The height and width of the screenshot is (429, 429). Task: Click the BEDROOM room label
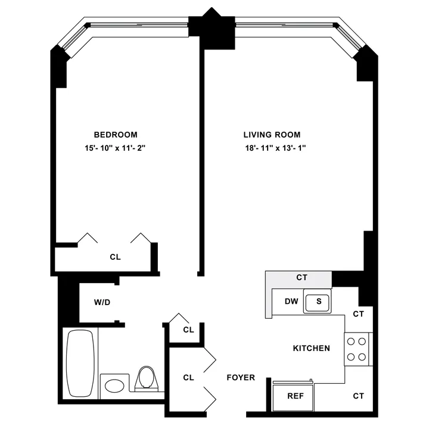(116, 135)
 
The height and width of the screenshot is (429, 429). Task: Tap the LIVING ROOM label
(272, 135)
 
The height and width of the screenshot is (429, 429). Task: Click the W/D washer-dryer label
(102, 303)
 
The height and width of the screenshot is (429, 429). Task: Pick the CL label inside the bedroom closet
(115, 257)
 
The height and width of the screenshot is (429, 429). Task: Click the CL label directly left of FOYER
(188, 377)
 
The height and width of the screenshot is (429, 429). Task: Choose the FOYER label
(241, 377)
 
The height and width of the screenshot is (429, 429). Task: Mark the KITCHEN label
(311, 348)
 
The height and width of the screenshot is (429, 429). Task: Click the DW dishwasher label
(291, 301)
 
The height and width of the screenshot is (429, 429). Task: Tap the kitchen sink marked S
(318, 301)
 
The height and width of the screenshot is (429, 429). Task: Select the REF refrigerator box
(293, 396)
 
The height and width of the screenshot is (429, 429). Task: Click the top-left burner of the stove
(351, 342)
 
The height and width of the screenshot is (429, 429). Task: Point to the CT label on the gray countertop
(301, 278)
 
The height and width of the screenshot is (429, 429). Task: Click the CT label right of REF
(358, 396)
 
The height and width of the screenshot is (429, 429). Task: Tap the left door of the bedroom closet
(88, 238)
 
